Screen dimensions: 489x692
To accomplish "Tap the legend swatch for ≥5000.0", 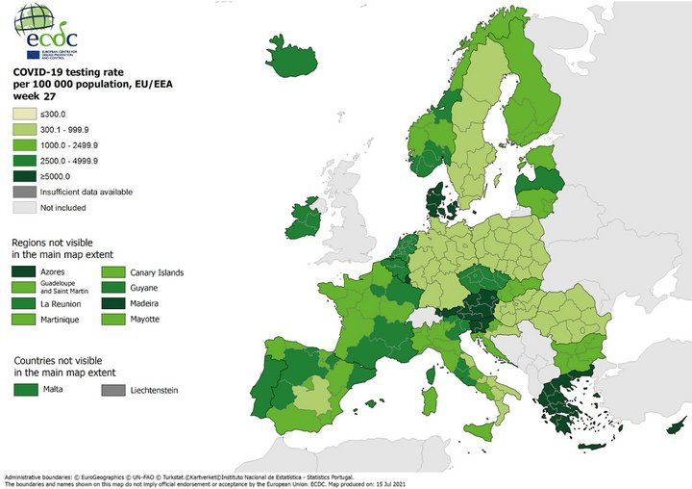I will (x=24, y=176).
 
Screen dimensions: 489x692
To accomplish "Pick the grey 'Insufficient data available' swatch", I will (x=24, y=192).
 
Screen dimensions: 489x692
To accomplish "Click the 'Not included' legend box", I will (x=24, y=207).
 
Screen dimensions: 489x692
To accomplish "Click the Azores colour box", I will (x=24, y=272).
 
